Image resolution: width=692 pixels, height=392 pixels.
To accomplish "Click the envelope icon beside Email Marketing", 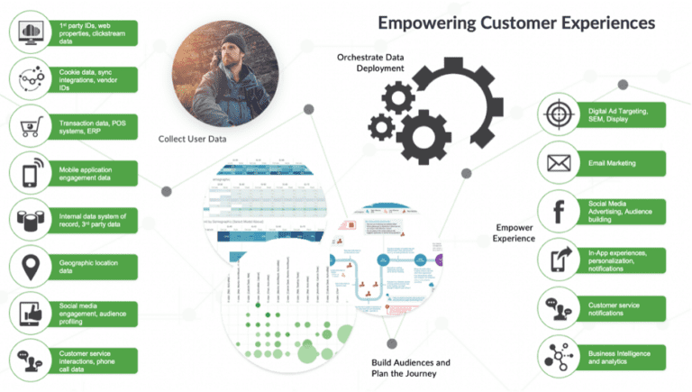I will pos(556,164).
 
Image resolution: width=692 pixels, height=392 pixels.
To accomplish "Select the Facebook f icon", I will pos(556,212).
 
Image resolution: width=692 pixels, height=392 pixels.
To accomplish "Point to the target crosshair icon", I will pos(556,115).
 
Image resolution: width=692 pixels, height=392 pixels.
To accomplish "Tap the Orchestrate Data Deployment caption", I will pos(370,64).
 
